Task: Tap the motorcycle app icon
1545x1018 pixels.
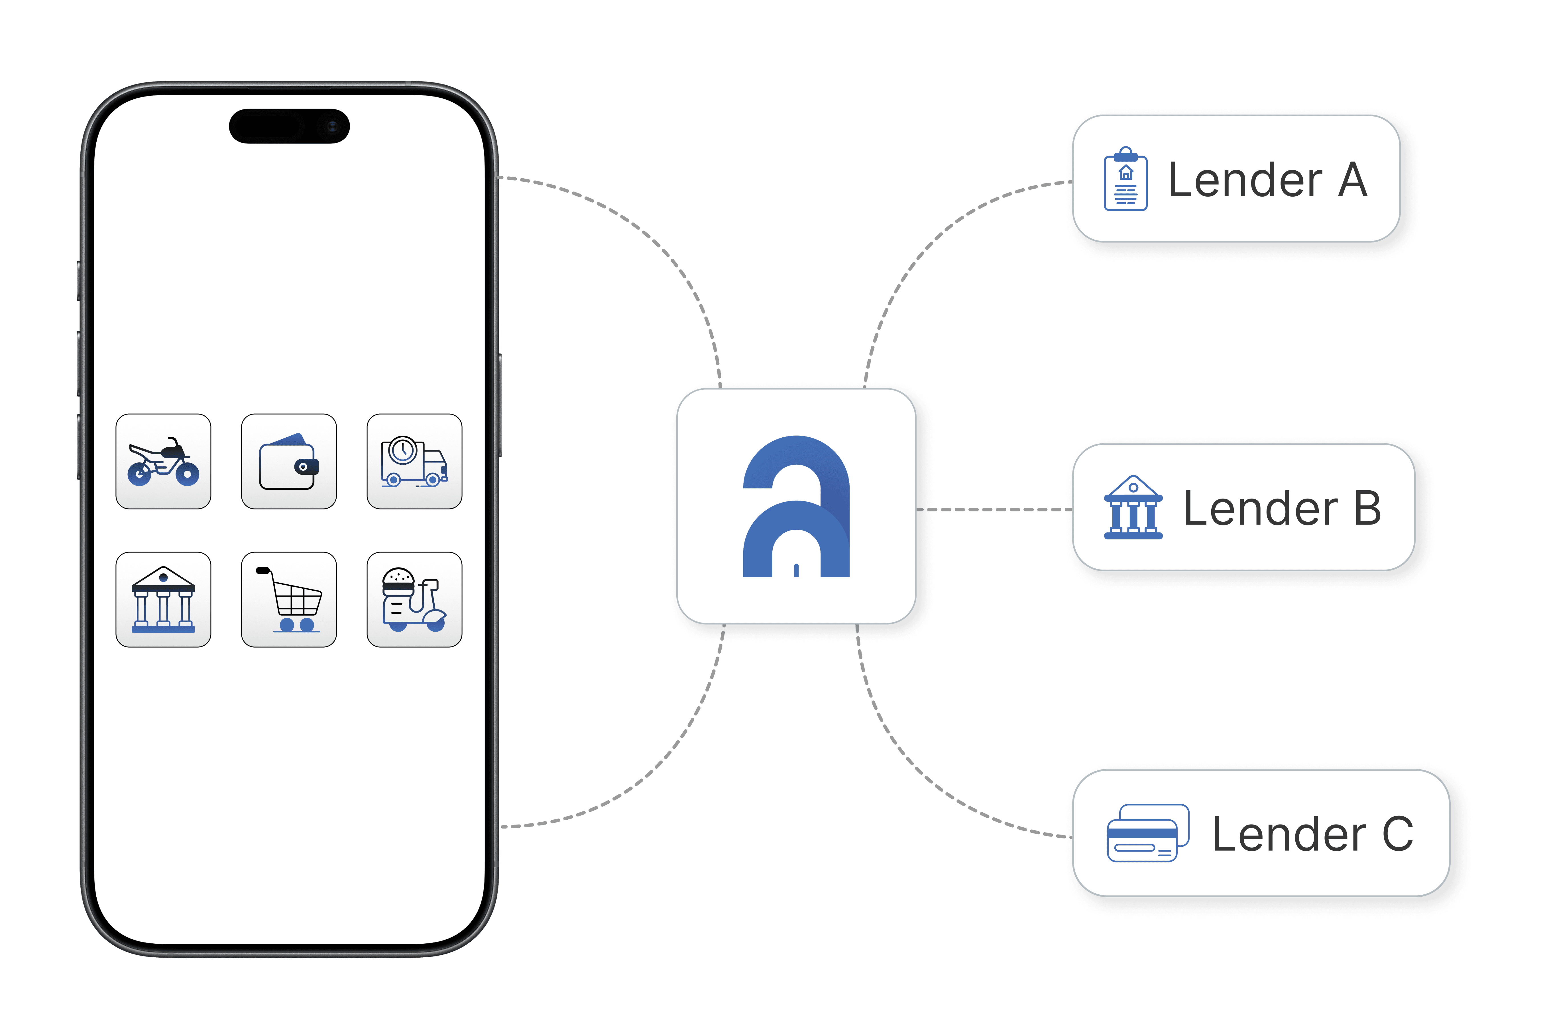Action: (x=163, y=462)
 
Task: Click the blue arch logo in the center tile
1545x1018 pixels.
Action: (x=796, y=506)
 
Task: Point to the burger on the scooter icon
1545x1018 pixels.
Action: (x=398, y=580)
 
